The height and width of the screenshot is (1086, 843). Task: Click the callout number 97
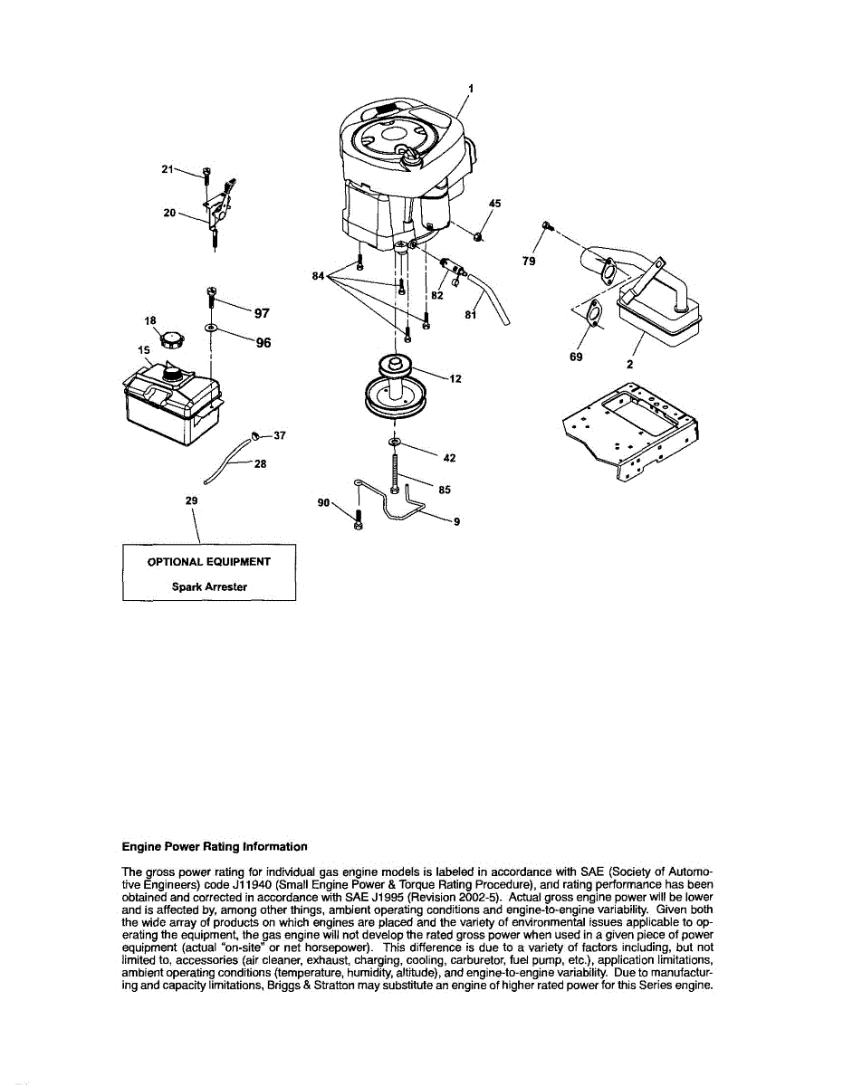(x=262, y=313)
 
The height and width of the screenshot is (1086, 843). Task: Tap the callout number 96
(x=263, y=343)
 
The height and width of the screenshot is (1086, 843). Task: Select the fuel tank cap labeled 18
(x=171, y=342)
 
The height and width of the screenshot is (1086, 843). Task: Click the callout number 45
(x=494, y=205)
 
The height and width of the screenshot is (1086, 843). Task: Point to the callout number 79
(x=530, y=261)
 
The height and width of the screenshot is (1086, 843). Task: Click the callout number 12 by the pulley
(x=455, y=378)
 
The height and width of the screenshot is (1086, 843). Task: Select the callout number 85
(x=444, y=490)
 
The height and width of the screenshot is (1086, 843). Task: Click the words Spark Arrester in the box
(x=209, y=586)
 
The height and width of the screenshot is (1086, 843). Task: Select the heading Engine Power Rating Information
(x=215, y=847)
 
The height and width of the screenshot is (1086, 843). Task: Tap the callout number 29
(x=191, y=500)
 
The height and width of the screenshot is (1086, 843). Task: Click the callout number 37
(x=280, y=435)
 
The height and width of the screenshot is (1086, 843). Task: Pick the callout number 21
(x=167, y=168)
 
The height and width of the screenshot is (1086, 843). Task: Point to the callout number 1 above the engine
(x=470, y=89)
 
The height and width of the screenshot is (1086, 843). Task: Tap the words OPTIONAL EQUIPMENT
(x=209, y=561)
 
